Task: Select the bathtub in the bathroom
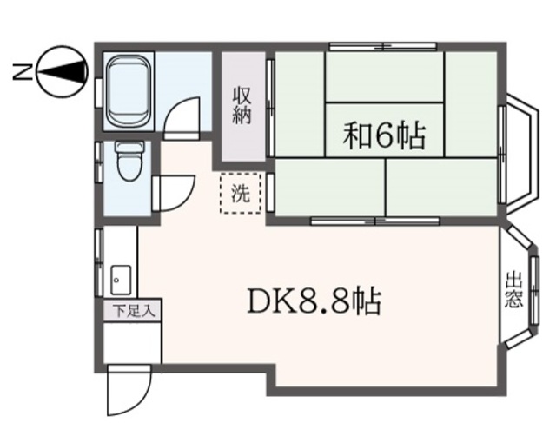coord(128,90)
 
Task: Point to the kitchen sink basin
coord(118,281)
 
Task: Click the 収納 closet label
coord(242,106)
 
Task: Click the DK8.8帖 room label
coord(314,301)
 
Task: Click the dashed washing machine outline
coord(240,195)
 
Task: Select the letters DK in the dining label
coord(268,302)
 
